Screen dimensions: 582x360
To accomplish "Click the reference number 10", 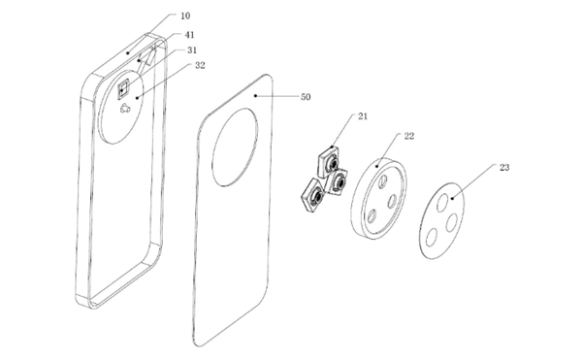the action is coord(185,16).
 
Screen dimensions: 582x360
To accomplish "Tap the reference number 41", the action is coord(189,35).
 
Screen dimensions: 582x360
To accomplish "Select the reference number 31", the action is coord(192,50).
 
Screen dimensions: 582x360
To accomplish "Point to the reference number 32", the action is coord(200,65).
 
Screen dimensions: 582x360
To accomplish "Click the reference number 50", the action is coord(306,97).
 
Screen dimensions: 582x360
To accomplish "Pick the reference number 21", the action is coord(363,116).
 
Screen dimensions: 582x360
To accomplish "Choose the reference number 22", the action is coord(408,136).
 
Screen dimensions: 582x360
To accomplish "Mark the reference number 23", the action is coord(504,168).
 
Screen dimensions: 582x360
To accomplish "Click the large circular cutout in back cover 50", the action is coord(235,147).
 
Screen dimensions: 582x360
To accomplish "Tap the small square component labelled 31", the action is coord(123,89).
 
